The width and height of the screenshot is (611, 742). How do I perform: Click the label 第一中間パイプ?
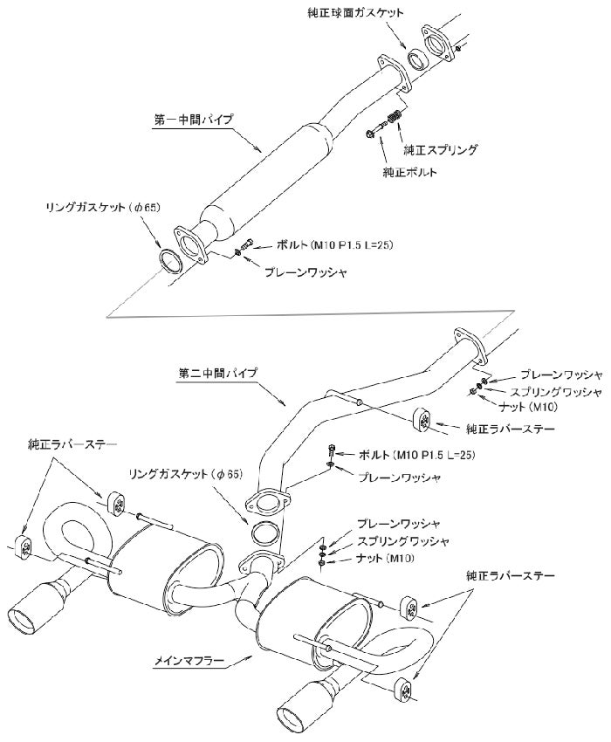(194, 120)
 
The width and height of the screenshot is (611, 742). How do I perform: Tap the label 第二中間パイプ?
(217, 374)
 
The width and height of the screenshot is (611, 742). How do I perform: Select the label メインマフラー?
(189, 661)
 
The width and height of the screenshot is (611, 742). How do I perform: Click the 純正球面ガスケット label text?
(355, 13)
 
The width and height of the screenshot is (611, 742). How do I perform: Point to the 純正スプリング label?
(440, 150)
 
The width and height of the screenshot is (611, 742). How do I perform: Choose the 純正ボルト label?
(410, 172)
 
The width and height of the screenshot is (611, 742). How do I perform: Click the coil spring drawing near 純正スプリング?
(395, 117)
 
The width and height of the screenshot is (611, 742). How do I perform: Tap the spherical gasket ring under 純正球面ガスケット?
(417, 59)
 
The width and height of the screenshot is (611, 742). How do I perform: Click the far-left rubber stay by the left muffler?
(24, 548)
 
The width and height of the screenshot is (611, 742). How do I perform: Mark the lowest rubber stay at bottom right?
(403, 691)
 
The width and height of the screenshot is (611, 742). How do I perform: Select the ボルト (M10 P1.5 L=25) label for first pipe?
(335, 245)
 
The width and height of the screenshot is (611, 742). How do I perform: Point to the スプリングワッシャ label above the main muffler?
(402, 541)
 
